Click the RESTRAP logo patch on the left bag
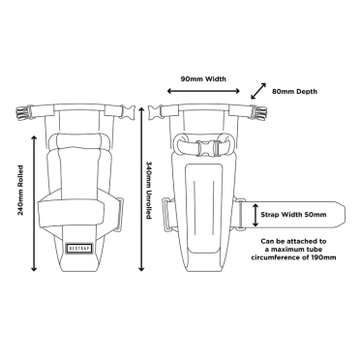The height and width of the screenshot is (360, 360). [x=81, y=246]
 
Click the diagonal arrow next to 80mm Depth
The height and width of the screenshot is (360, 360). [x=257, y=90]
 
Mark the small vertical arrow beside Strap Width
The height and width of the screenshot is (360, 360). [x=255, y=215]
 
